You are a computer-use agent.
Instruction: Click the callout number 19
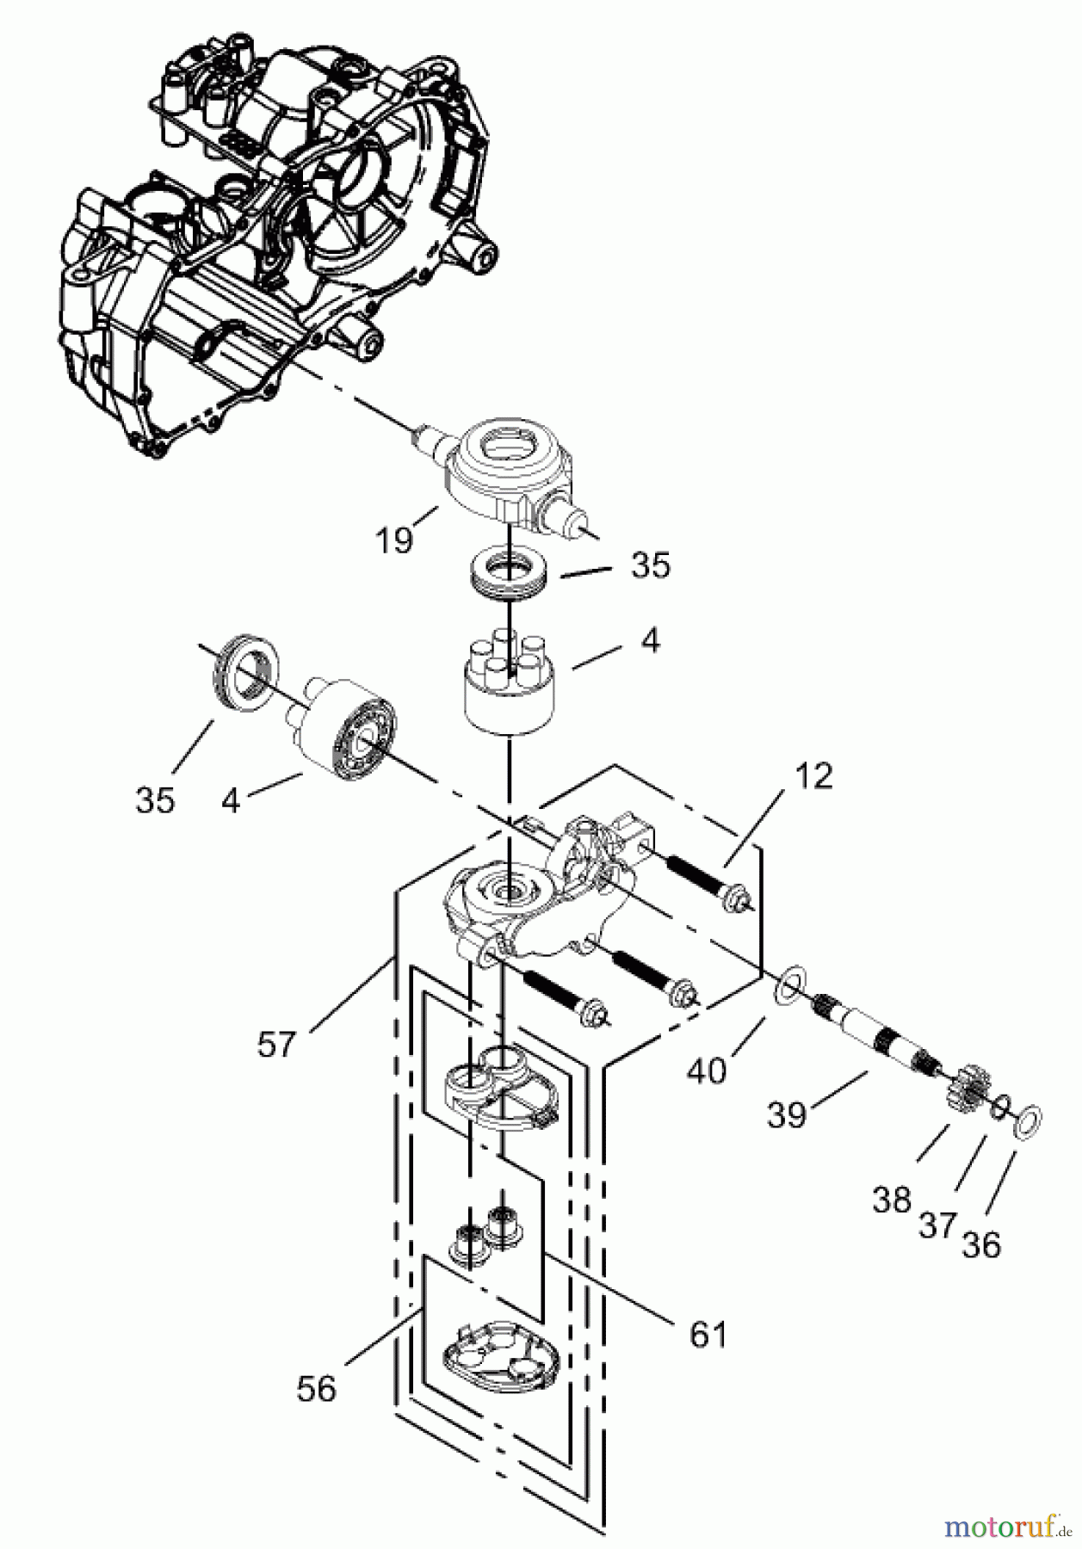pos(393,540)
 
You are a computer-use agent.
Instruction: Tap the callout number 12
pos(814,776)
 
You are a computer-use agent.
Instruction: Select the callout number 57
pos(275,1045)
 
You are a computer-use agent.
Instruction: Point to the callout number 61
pos(708,1334)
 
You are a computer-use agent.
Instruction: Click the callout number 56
pos(316,1389)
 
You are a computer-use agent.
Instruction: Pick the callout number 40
pos(707,1070)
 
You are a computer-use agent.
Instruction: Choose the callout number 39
pos(786,1114)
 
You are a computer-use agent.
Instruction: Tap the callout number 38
pos(891,1199)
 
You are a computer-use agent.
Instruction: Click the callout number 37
pos(937,1225)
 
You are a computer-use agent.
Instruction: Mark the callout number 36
pos(981,1244)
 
